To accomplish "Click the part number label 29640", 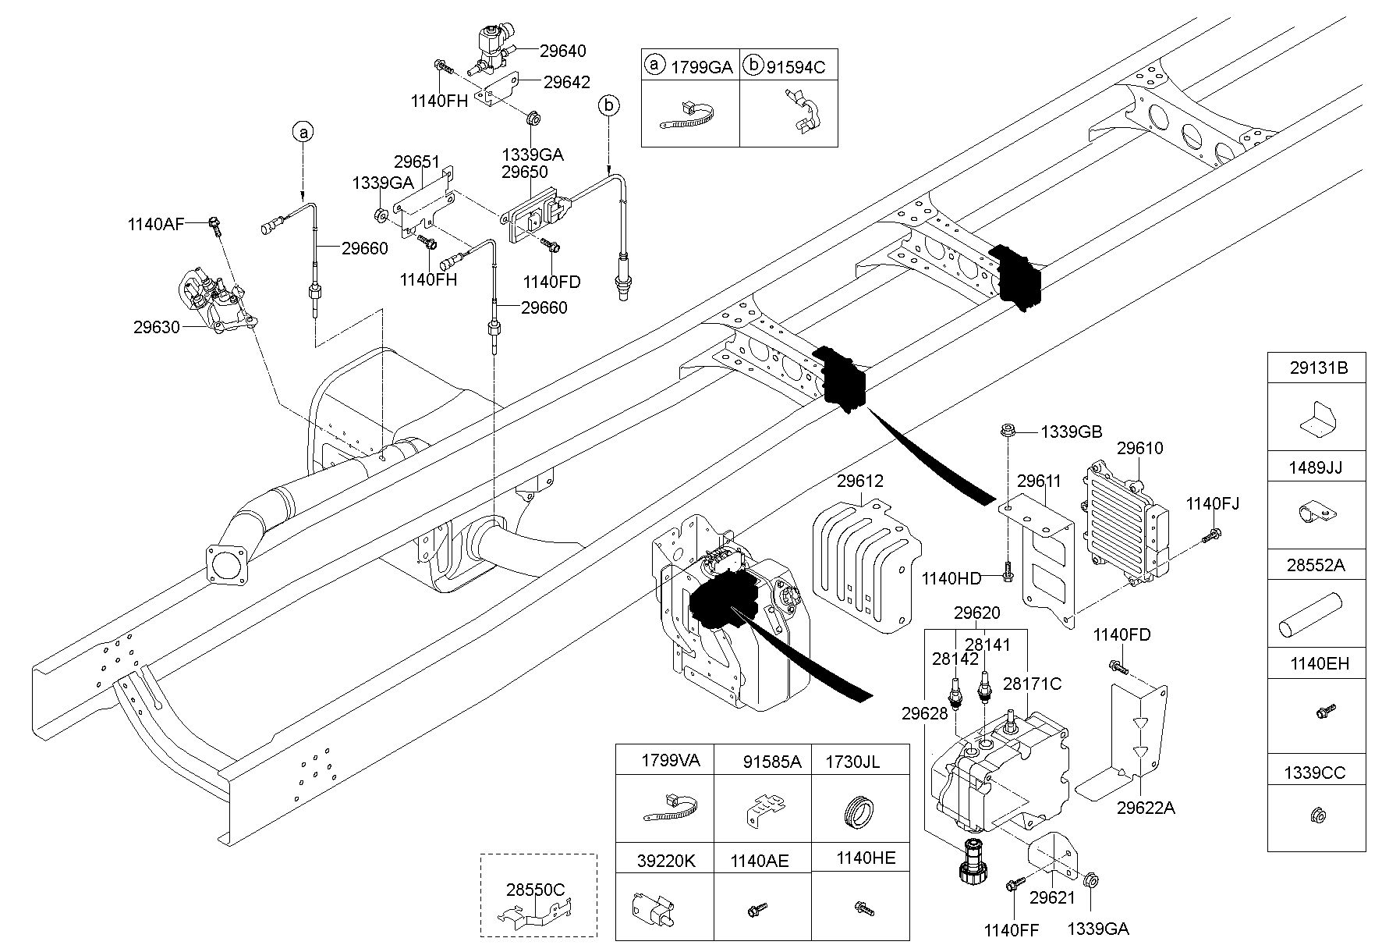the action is coord(562,51).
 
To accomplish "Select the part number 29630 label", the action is coord(157,326).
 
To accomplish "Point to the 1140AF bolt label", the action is coord(156,225).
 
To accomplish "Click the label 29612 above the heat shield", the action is coord(861,481).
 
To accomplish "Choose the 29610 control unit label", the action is coord(1139,448).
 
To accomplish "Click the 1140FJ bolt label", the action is coord(1212,504).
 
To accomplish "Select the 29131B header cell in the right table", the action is coord(1317,368).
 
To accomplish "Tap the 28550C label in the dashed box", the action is coord(535,890).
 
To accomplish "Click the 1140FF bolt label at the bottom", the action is coord(1012,929).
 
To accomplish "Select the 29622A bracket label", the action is coord(1145,808).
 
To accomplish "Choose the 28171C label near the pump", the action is coord(1032,684).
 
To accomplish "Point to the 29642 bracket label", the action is coord(567,82).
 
